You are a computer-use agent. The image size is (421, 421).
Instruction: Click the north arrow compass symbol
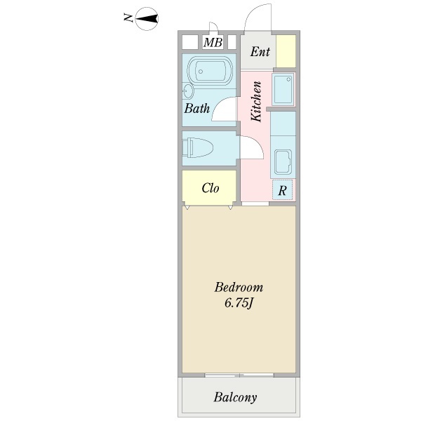point(147,19)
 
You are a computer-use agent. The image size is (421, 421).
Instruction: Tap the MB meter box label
point(213,42)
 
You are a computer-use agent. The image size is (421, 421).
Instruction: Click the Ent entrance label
point(260,51)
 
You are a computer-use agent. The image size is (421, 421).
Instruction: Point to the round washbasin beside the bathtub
point(187,91)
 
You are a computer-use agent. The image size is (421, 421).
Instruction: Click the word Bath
point(196,108)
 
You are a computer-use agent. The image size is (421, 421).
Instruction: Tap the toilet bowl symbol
point(197,147)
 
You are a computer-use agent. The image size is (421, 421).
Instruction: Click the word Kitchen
point(256,101)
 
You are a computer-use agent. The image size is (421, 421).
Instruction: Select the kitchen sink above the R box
point(283,161)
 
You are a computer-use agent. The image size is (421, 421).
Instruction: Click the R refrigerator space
point(283,190)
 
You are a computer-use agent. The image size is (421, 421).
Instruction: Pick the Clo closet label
point(210,188)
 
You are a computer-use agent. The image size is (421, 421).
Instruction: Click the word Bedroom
point(239,287)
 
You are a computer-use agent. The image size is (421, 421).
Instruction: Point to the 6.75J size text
point(239,303)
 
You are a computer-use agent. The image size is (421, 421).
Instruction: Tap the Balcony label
point(235,397)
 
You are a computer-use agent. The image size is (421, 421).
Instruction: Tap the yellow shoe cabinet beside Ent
point(286,51)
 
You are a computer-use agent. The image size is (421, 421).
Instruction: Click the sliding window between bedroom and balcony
point(239,375)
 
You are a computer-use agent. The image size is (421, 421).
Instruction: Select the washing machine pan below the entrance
point(283,89)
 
